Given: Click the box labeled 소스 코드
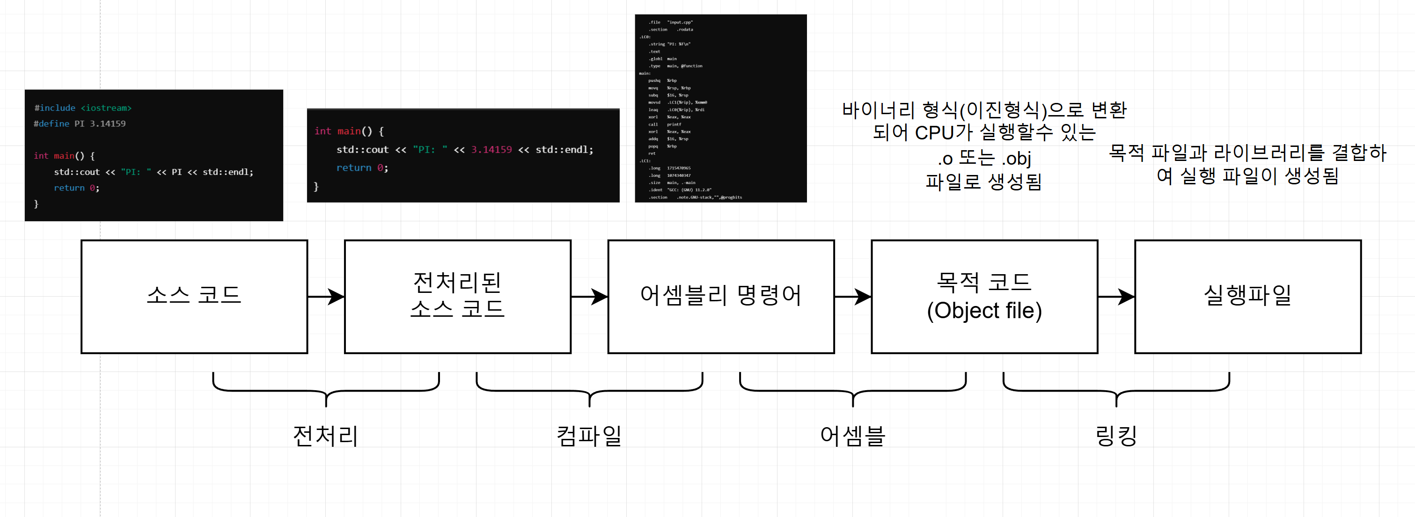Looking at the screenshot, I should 194,296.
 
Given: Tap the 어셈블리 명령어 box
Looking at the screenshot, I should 721,296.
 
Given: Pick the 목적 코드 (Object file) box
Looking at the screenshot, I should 984,296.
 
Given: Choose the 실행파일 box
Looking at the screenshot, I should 1247,296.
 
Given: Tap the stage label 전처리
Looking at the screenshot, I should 326,437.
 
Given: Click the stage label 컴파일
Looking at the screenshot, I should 589,437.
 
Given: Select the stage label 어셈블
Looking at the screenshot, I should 852,437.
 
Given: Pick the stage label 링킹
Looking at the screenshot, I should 1115,437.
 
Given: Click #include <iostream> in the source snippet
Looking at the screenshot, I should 83,108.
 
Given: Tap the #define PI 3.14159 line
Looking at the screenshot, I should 80,124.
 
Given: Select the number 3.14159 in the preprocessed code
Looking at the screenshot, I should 491,150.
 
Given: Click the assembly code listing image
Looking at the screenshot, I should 721,108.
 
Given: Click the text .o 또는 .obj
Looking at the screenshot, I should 984,159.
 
